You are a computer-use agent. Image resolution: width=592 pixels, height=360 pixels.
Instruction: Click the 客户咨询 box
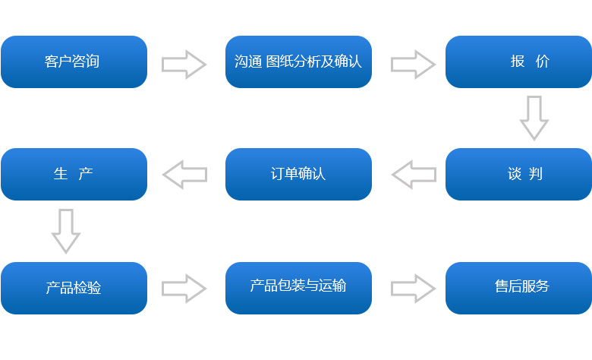click(x=74, y=62)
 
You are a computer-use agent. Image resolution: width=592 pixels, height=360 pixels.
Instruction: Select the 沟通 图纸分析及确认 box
click(x=298, y=62)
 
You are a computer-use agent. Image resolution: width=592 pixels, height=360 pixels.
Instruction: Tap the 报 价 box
click(x=518, y=62)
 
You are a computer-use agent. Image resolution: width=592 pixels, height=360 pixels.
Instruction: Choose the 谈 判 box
click(x=518, y=174)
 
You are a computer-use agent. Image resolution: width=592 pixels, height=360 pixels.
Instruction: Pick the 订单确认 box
click(x=298, y=174)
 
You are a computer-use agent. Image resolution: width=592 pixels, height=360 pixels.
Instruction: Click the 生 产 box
click(x=74, y=174)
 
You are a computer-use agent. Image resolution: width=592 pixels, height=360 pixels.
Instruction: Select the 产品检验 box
click(x=74, y=288)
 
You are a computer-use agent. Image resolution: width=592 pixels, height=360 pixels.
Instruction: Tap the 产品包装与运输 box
click(x=298, y=288)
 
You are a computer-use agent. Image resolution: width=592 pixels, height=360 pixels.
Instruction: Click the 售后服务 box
click(x=518, y=288)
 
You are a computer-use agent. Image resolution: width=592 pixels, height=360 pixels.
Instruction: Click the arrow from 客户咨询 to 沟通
click(x=184, y=64)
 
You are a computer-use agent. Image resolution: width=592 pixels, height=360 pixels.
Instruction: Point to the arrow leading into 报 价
click(x=413, y=64)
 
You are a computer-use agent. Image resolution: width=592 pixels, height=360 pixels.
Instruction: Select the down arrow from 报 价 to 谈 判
click(x=534, y=117)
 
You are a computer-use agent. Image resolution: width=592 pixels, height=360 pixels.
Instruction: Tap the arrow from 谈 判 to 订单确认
click(x=413, y=175)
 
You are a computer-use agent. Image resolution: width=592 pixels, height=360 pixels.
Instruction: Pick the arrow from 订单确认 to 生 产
click(x=184, y=175)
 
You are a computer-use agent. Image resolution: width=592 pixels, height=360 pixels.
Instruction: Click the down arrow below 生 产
click(x=66, y=230)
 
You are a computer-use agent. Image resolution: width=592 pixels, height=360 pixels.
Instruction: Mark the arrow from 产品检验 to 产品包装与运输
click(x=184, y=288)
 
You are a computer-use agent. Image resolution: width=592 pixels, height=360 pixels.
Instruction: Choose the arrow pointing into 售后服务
click(x=413, y=288)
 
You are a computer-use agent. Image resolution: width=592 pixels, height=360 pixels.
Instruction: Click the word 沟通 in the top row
click(x=248, y=62)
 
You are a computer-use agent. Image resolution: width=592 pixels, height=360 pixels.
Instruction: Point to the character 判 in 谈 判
click(x=536, y=174)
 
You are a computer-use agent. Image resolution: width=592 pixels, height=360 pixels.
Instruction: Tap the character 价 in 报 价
click(x=542, y=62)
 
